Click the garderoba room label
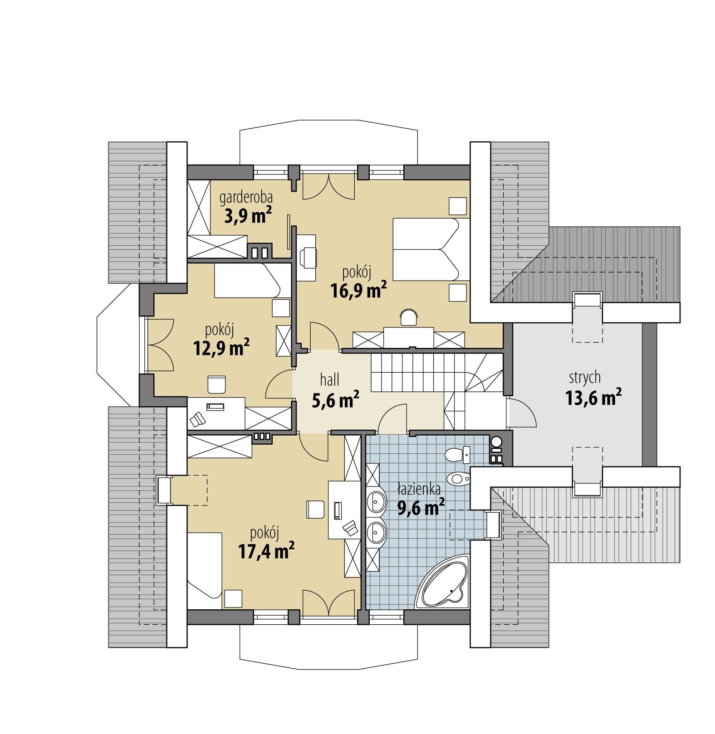[246, 198]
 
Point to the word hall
[329, 379]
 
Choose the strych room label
[585, 377]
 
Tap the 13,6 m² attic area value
[593, 398]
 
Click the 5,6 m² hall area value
[336, 399]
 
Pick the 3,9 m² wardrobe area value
[248, 216]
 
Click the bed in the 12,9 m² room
[247, 281]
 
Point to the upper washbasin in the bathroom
[376, 500]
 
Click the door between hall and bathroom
[392, 419]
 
